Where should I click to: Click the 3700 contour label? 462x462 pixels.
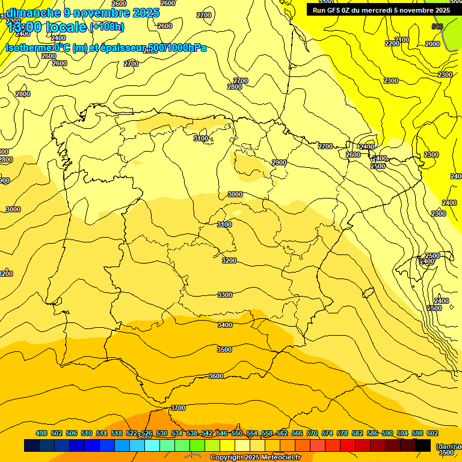click(x=178, y=408)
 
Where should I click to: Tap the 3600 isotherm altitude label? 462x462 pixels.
click(x=216, y=376)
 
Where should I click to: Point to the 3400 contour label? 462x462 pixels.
click(x=224, y=325)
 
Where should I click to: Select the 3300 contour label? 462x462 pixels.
click(x=225, y=295)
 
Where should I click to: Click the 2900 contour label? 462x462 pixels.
click(x=279, y=162)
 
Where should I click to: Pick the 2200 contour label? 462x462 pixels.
click(x=392, y=43)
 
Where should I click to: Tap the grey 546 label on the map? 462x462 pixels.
click(x=437, y=26)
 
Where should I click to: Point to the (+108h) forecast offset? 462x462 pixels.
click(x=106, y=27)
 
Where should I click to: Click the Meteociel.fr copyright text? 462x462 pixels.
click(x=260, y=457)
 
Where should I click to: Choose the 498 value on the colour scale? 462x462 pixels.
click(x=42, y=433)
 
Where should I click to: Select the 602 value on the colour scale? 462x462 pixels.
click(x=433, y=433)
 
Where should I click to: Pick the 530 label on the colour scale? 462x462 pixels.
click(x=162, y=433)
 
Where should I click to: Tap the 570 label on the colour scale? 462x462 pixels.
click(x=312, y=433)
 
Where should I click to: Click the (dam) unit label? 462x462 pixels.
click(x=445, y=446)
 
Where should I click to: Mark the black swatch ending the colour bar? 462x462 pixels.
click(x=423, y=446)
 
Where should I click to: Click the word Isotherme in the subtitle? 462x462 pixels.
click(x=29, y=48)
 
